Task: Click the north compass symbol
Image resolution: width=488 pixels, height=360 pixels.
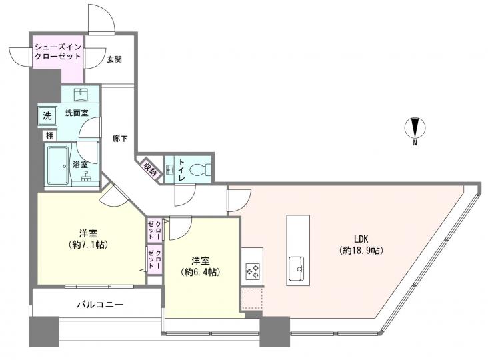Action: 415,128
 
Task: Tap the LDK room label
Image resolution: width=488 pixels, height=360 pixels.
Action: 361,239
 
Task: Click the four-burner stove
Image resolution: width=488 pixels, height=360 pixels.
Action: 253,271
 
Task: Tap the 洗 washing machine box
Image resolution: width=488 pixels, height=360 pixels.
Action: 47,115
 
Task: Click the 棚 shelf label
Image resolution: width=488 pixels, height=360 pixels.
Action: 51,135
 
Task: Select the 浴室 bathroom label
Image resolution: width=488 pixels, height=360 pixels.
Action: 81,165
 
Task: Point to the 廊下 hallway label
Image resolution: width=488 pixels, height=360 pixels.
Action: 121,139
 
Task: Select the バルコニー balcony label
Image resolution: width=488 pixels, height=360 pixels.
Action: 99,305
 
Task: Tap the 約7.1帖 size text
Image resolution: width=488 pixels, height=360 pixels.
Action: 89,245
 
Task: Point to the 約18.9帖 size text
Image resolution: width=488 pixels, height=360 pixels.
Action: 361,251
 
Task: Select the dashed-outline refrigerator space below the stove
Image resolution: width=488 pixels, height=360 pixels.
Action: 253,299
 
